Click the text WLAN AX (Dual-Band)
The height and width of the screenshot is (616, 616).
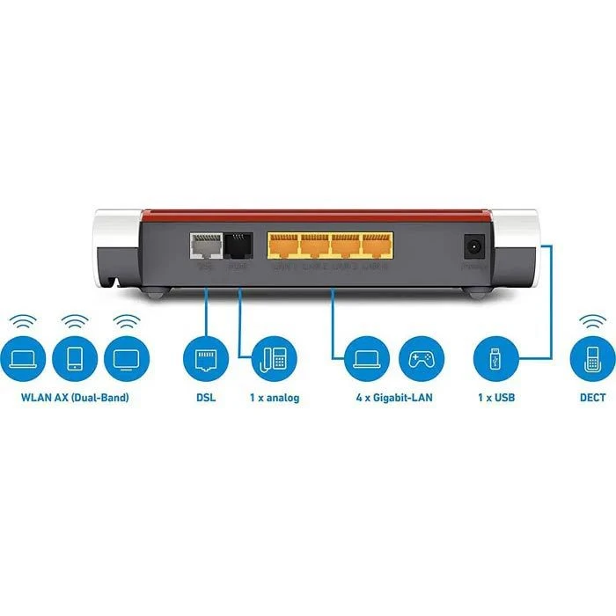[x=75, y=398]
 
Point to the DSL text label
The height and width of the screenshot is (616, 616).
[x=205, y=398]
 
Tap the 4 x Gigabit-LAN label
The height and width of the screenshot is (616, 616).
[x=393, y=398]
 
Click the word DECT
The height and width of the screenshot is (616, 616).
[x=591, y=398]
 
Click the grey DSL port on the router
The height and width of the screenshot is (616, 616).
[x=205, y=246]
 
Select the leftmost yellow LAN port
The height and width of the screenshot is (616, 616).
[x=283, y=246]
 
